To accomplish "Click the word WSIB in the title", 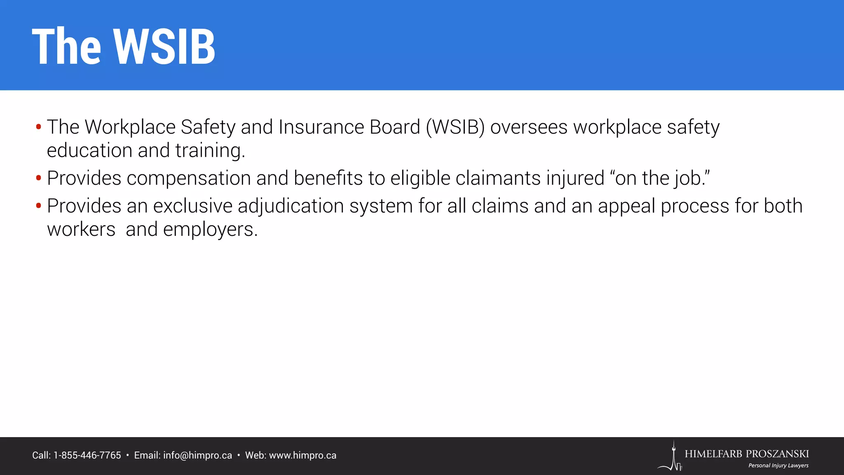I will coord(164,46).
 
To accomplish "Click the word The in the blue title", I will coord(66,46).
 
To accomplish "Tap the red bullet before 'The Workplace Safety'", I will coord(38,127).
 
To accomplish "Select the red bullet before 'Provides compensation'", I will coord(38,179).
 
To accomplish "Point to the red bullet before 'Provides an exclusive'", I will coord(38,206).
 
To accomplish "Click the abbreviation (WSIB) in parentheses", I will coord(455,127).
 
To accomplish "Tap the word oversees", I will coord(529,127).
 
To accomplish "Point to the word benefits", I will coord(328,179).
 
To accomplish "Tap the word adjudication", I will coord(291,206).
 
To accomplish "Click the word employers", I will coord(210,229).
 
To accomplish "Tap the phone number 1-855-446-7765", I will coord(87,456).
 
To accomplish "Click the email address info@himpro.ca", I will coord(197,456).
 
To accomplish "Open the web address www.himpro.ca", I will coord(302,456).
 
